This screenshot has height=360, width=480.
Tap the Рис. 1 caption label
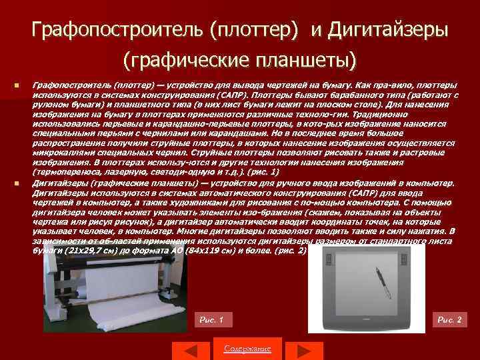click(211, 321)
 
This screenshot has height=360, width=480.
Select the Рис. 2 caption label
click(449, 321)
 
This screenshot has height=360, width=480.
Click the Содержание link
click(247, 349)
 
